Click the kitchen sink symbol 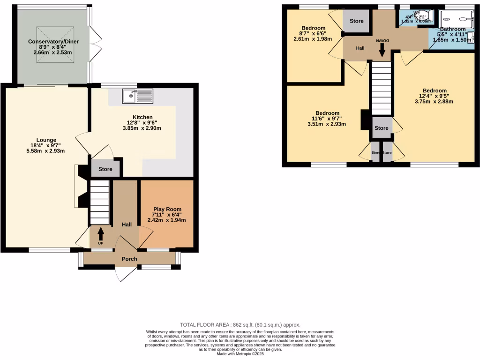(137, 96)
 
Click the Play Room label (167, 210)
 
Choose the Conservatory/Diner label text (53, 42)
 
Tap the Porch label (129, 259)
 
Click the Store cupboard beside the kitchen (105, 169)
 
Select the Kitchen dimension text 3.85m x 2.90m (142, 128)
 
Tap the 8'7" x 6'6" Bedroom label (313, 28)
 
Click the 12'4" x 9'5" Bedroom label (434, 91)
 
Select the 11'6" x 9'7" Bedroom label (327, 113)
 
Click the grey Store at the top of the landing (356, 21)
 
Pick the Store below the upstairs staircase (382, 128)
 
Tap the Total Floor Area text (240, 325)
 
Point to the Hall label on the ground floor (127, 225)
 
